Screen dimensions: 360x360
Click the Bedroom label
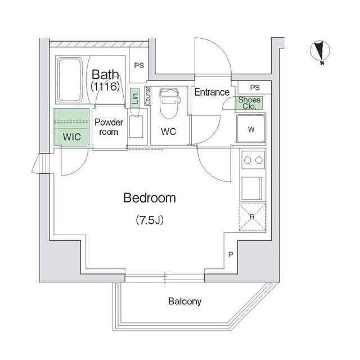149,198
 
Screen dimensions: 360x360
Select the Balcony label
184,301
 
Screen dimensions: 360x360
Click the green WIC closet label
71,137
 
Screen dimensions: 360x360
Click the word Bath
106,74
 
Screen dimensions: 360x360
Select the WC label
168,132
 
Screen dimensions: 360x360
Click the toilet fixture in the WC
168,104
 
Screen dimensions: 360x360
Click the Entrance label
212,92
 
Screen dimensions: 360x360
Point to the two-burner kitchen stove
253,160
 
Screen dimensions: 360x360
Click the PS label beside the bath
139,65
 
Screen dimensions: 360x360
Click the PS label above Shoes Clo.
255,87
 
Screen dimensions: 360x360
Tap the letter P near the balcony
231,255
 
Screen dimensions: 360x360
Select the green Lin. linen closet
134,98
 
